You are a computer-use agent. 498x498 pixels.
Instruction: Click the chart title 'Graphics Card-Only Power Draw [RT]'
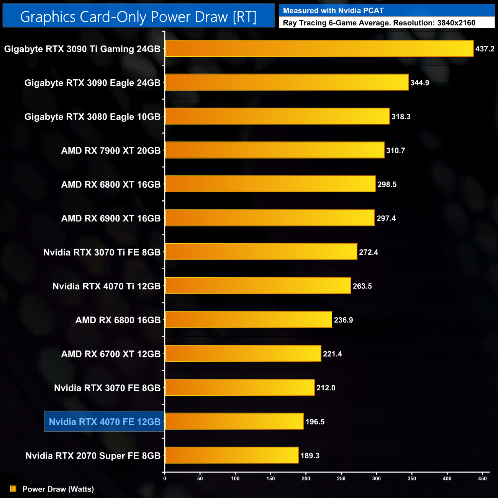pyautogui.click(x=138, y=17)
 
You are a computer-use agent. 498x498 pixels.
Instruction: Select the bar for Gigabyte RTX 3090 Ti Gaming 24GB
pyautogui.click(x=319, y=49)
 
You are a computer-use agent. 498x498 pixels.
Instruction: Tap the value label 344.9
pyautogui.click(x=419, y=83)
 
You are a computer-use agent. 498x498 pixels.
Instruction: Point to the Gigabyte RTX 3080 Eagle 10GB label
pyautogui.click(x=92, y=117)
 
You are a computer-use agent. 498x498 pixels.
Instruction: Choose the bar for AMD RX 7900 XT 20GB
pyautogui.click(x=274, y=150)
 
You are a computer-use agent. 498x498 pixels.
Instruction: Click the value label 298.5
pyautogui.click(x=387, y=185)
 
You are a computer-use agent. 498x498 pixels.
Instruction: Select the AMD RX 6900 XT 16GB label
pyautogui.click(x=111, y=218)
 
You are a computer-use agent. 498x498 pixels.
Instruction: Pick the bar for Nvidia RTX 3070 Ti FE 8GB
pyautogui.click(x=261, y=252)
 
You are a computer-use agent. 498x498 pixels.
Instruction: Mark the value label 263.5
pyautogui.click(x=362, y=286)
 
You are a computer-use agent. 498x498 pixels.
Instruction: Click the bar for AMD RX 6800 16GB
pyautogui.click(x=248, y=320)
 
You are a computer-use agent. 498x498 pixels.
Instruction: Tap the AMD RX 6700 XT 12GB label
pyautogui.click(x=111, y=354)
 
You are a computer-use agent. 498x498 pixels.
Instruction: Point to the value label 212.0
pyautogui.click(x=326, y=388)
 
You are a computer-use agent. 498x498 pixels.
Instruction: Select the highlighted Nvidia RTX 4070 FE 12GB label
pyautogui.click(x=105, y=422)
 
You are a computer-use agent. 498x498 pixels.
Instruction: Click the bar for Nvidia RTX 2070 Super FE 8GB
pyautogui.click(x=231, y=455)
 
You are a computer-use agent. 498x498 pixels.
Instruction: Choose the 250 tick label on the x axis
pyautogui.click(x=341, y=478)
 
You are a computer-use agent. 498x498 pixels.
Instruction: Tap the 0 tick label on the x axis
pyautogui.click(x=165, y=478)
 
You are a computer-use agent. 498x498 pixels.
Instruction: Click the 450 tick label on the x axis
pyautogui.click(x=482, y=478)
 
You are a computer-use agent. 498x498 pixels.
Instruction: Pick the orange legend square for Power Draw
pyautogui.click(x=13, y=489)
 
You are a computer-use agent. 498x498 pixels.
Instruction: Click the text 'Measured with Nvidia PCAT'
pyautogui.click(x=333, y=11)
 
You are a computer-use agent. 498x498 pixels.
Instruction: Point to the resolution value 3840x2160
pyautogui.click(x=456, y=23)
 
